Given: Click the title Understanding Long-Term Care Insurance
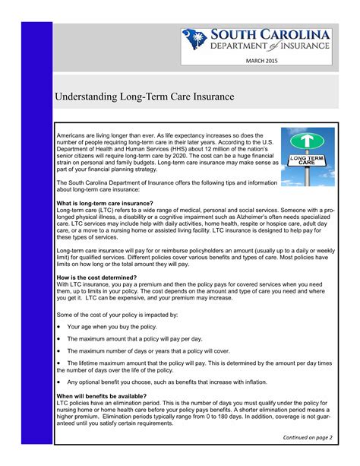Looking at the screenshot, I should point(141,98).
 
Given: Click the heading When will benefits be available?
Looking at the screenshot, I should point(101,396).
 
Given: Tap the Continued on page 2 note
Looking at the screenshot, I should point(308,439).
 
